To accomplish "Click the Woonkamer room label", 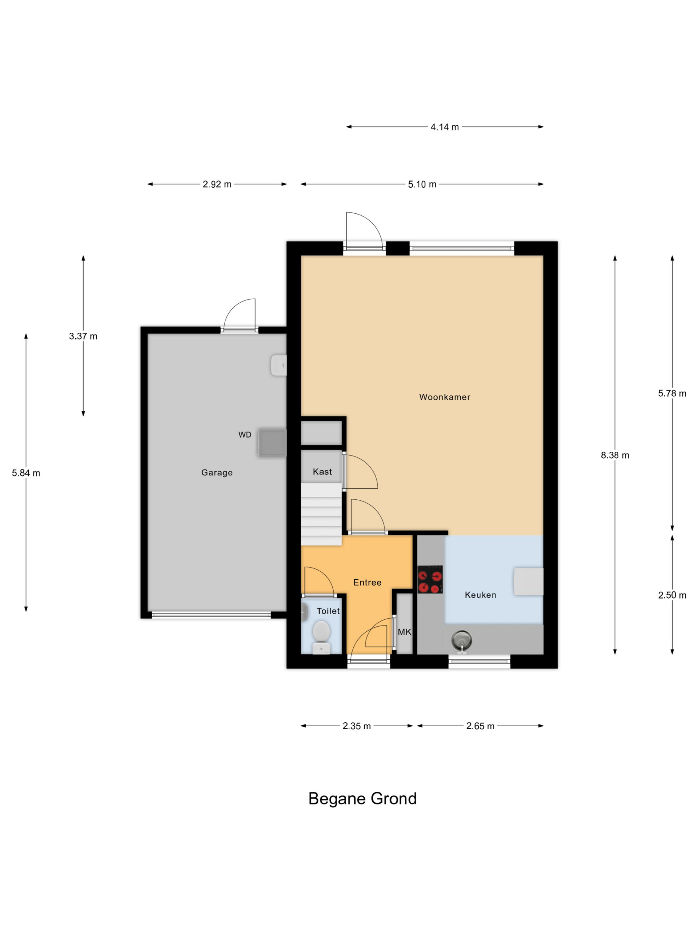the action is (444, 397).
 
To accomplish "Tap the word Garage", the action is (217, 473).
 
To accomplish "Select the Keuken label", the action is (481, 595).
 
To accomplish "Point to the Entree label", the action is (367, 583).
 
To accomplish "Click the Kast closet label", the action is (322, 472).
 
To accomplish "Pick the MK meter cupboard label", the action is (404, 632).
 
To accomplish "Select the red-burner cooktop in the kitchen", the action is (430, 579).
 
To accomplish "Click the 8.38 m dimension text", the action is (615, 455).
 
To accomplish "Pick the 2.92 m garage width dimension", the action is (217, 184).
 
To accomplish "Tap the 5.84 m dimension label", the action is (26, 473).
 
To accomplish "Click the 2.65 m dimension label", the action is (480, 726).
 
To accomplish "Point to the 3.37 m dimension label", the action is (83, 336).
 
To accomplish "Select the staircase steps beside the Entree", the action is (321, 514).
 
